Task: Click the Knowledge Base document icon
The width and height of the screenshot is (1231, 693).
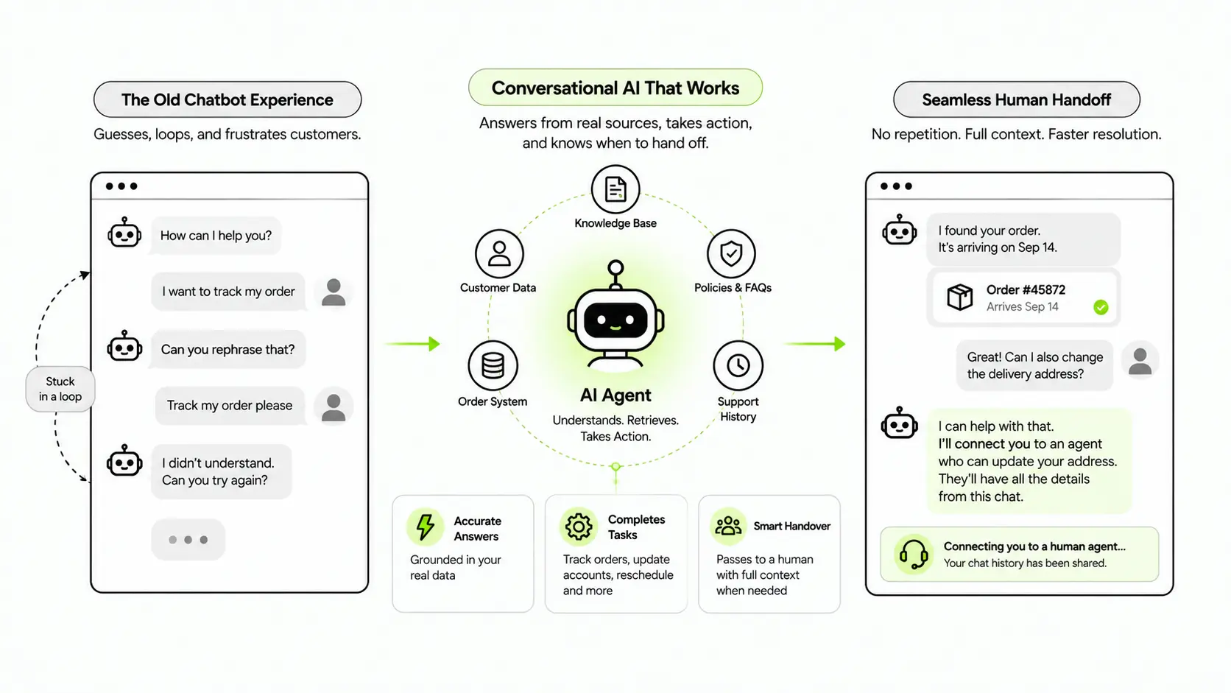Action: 615,189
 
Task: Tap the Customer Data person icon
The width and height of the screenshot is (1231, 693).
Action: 499,253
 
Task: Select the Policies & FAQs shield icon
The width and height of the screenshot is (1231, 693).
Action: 731,253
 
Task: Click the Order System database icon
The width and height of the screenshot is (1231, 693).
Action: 493,365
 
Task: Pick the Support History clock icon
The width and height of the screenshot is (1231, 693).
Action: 738,365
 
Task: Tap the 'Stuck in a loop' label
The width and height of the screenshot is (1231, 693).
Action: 60,389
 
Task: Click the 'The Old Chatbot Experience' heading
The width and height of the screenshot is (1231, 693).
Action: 227,99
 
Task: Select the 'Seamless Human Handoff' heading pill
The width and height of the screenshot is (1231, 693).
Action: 1017,99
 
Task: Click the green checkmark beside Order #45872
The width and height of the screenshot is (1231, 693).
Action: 1101,307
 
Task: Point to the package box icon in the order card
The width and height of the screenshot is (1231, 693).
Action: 960,298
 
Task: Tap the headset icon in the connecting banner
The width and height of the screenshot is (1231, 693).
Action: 914,554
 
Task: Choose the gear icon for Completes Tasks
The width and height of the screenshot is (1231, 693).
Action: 579,527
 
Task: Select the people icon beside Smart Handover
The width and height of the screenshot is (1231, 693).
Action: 728,526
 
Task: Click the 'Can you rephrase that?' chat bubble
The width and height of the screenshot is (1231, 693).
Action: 228,350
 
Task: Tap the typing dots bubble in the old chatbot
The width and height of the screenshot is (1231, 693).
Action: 188,540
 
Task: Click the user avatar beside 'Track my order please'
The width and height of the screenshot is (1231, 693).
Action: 334,407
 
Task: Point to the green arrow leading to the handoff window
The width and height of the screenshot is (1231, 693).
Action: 814,344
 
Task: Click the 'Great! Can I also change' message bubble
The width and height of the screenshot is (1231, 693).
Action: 1035,365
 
